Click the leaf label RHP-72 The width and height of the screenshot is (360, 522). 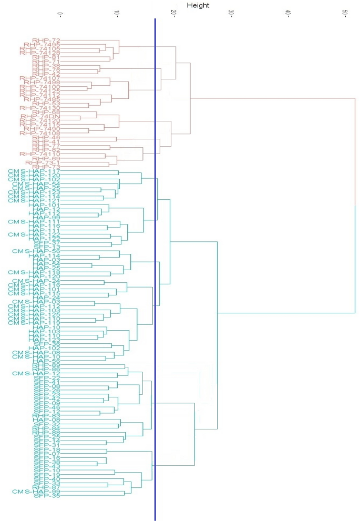(x=46, y=40)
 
